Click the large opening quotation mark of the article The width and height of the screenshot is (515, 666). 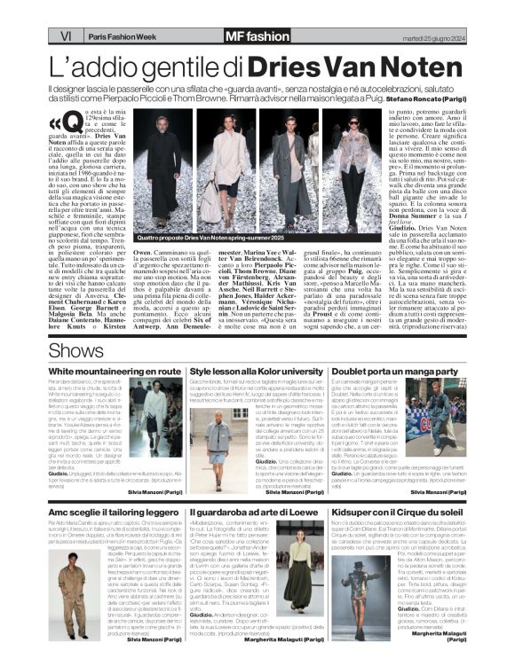pos(58,124)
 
